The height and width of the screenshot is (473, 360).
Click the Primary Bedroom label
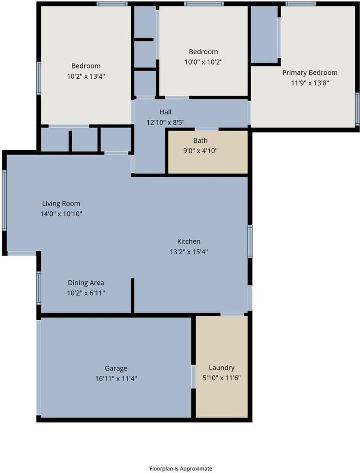[310, 72]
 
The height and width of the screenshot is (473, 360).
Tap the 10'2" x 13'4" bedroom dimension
[86, 76]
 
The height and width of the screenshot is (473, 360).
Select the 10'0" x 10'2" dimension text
[203, 62]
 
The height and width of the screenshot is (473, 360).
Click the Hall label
[165, 112]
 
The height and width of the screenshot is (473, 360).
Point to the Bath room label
[200, 140]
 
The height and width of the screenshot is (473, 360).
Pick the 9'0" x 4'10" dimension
[200, 150]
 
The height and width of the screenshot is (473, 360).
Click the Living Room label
[61, 203]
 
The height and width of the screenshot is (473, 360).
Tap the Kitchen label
[189, 241]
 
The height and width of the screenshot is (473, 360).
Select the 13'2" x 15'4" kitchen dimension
[189, 252]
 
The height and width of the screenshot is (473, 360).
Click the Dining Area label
[86, 283]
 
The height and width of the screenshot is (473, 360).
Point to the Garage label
[116, 368]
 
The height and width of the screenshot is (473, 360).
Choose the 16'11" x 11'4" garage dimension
[116, 378]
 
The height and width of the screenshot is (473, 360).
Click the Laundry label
[222, 368]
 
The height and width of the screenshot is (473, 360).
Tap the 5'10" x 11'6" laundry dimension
[222, 378]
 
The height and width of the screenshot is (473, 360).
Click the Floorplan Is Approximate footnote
[181, 469]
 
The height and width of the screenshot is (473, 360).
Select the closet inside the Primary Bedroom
[264, 34]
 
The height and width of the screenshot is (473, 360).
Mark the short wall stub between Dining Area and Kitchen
[132, 295]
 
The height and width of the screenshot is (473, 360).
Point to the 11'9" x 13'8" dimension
[310, 83]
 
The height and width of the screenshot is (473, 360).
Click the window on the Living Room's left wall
[4, 201]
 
